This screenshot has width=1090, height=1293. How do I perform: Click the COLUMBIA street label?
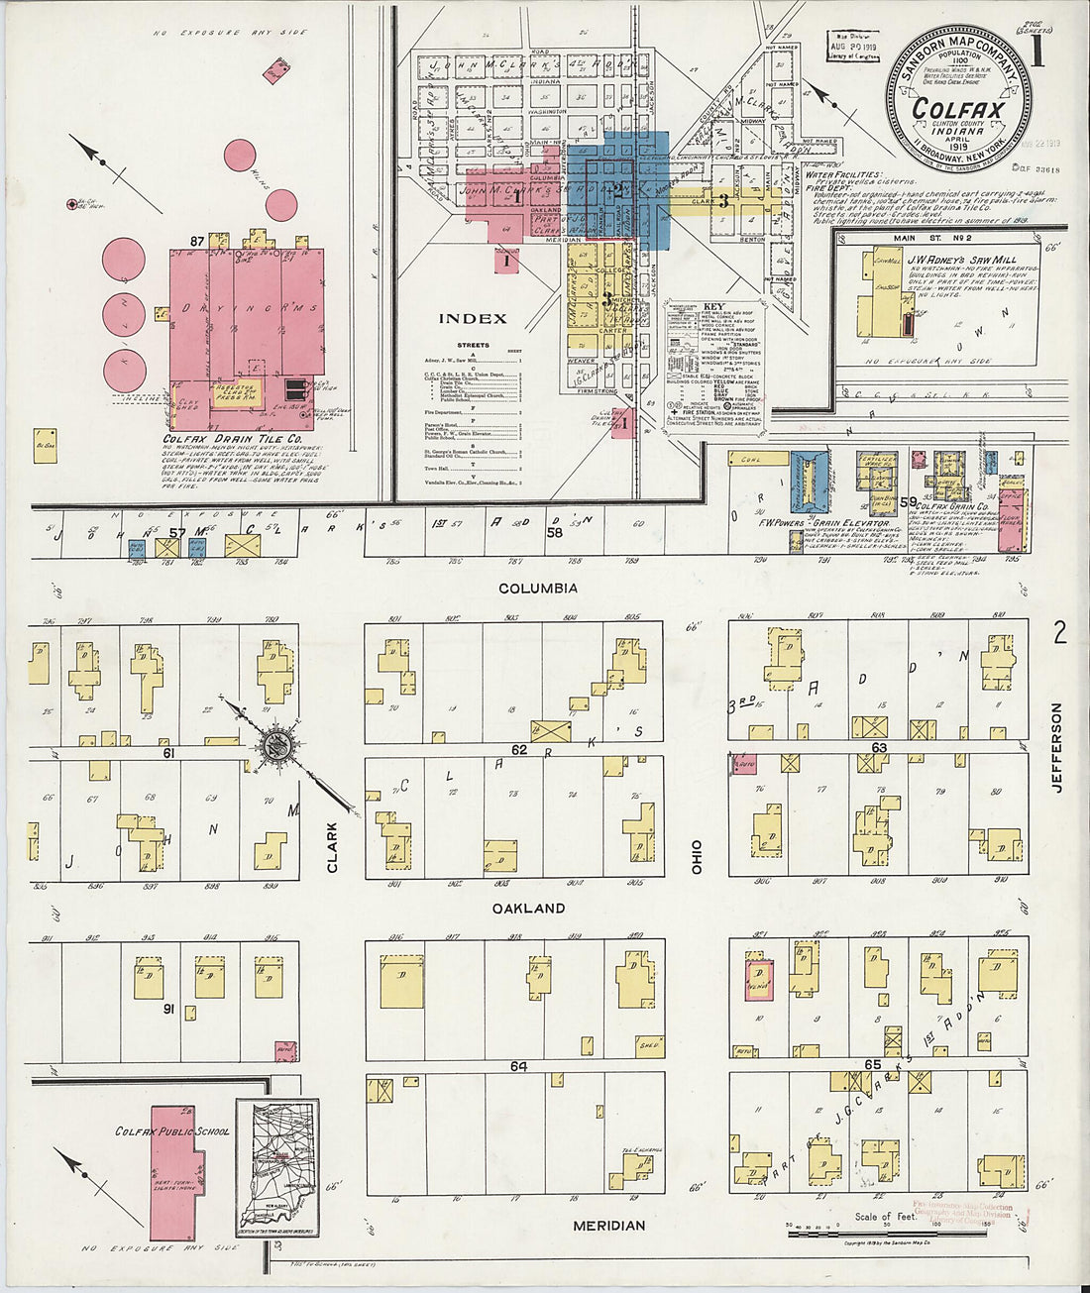(537, 589)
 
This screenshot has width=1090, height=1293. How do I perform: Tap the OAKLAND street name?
(532, 908)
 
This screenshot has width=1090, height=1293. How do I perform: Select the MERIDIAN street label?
(608, 1226)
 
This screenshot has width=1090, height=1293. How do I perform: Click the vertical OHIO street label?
(697, 856)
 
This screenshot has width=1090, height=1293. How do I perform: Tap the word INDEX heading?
(473, 319)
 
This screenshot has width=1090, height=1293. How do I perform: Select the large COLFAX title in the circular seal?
(957, 110)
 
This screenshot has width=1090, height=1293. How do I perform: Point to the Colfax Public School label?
(172, 1131)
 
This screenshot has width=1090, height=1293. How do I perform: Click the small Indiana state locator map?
(277, 1167)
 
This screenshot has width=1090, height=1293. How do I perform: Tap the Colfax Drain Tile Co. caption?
(235, 438)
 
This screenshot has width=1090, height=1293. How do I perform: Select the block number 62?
(518, 750)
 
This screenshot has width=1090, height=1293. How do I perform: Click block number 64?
(518, 1067)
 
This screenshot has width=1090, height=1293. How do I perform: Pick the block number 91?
(169, 1010)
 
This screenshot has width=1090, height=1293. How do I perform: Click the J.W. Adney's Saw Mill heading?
(957, 261)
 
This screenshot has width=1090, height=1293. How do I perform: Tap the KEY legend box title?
(713, 307)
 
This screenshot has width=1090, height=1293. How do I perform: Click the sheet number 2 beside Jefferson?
(1059, 633)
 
